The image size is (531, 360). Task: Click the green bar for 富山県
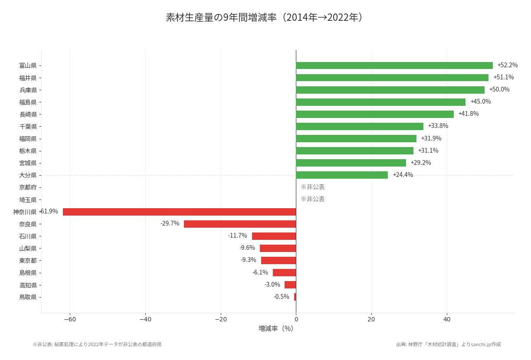click(x=394, y=65)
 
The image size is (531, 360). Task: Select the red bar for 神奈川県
click(x=179, y=212)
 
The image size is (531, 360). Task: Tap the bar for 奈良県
click(x=240, y=224)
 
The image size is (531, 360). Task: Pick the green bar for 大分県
click(x=342, y=175)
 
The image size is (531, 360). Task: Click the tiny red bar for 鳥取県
click(x=295, y=297)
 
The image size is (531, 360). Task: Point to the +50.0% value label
click(x=499, y=90)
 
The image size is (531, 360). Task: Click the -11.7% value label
click(x=237, y=236)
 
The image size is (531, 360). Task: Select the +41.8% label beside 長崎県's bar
click(x=468, y=114)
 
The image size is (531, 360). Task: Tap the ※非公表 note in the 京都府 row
click(x=312, y=187)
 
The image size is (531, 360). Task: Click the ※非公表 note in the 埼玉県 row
click(x=312, y=199)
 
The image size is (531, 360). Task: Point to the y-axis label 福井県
click(x=28, y=78)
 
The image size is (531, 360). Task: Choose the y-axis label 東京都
click(x=28, y=261)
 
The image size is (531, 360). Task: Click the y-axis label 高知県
click(x=28, y=285)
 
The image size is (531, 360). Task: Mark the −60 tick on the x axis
click(x=70, y=320)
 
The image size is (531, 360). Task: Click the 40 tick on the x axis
click(x=447, y=320)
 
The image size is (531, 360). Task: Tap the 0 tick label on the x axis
click(x=296, y=320)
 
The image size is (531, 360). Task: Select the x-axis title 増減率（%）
click(x=276, y=329)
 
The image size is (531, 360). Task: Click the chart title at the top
click(x=265, y=17)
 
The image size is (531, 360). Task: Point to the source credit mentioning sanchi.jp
click(x=448, y=344)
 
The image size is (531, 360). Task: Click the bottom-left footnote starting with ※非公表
click(x=97, y=344)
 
